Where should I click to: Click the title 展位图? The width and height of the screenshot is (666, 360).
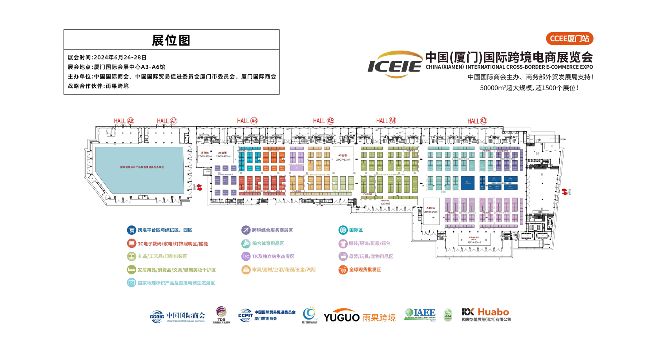pos(171,40)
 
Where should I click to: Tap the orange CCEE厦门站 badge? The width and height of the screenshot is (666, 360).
pos(569,38)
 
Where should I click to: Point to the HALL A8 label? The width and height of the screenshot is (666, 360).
pos(124,121)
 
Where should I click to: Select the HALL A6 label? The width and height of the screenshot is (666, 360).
pos(247,121)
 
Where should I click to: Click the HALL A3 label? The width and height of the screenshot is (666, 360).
pos(477,121)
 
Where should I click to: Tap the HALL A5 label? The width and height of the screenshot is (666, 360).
pos(323,121)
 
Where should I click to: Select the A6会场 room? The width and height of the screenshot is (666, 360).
pos(223,155)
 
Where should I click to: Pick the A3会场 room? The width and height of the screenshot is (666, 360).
pos(431,210)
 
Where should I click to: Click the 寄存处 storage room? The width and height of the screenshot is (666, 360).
pos(205,155)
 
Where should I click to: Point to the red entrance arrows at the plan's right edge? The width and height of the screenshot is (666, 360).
pos(564,192)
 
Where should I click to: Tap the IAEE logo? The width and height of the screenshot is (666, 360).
pos(420,314)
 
